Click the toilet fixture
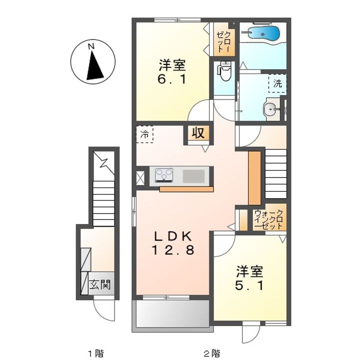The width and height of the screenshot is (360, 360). click(224, 70)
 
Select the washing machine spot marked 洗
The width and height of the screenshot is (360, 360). click(277, 83)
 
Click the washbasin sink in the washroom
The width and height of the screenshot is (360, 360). click(271, 109)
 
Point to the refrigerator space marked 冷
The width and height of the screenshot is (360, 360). click(144, 134)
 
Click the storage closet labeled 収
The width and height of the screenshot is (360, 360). click(198, 132)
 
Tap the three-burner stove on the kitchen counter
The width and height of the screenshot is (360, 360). click(164, 175)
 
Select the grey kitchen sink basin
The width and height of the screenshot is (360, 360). click(193, 176)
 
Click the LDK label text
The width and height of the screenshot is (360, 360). click(173, 236)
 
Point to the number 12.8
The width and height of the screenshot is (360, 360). click(173, 250)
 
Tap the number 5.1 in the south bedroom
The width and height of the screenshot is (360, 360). click(249, 285)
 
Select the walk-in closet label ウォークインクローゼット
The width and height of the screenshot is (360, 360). click(269, 219)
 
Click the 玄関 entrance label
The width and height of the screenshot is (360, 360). click(100, 284)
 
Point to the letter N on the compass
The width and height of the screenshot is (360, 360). click(91, 46)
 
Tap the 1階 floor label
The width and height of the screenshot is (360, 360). click(95, 353)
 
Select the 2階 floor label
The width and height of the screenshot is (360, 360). click(212, 353)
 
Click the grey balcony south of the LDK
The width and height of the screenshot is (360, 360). click(172, 314)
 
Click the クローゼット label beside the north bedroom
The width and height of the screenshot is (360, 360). click(224, 42)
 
